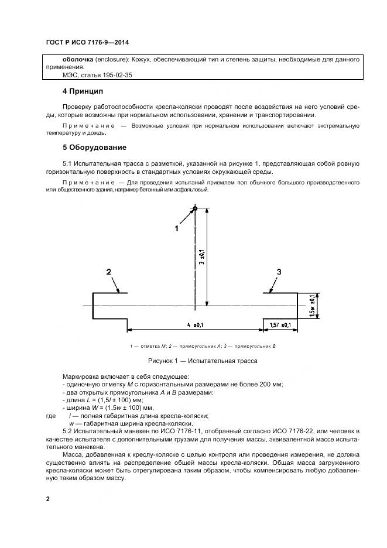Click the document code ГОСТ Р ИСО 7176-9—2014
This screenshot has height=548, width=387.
tap(88, 43)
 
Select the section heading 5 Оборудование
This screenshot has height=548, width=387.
tap(94, 147)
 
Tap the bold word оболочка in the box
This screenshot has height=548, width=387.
tap(79, 60)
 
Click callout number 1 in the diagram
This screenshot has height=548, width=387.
tap(177, 229)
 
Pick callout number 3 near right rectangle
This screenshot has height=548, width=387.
tap(279, 272)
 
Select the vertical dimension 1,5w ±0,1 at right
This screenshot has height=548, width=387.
tap(312, 305)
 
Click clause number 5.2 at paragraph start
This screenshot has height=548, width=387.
tap(68, 431)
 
